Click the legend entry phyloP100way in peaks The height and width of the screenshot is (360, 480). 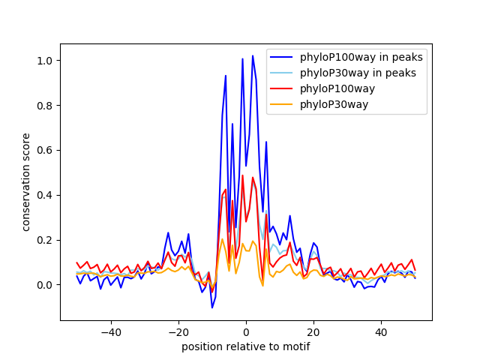[361, 57]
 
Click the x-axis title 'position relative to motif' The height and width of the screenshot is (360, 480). [245, 346]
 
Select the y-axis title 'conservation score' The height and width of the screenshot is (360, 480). [26, 181]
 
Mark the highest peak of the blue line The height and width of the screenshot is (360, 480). [253, 55]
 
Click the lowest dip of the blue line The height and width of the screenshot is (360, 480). [212, 307]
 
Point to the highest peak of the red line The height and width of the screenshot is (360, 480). [242, 175]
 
